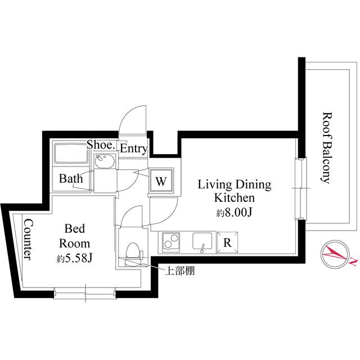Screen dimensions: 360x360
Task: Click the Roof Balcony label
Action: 325,148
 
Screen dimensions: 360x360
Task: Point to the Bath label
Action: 71,179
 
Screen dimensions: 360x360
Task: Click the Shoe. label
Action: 101,146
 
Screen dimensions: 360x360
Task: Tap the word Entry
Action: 133,149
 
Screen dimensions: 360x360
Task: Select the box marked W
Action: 161,182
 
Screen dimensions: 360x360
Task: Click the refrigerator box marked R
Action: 227,243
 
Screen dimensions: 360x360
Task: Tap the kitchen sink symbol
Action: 202,242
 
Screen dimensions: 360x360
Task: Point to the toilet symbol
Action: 131,250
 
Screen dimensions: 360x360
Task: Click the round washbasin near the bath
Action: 105,163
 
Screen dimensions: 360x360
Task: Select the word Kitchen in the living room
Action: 235,198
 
